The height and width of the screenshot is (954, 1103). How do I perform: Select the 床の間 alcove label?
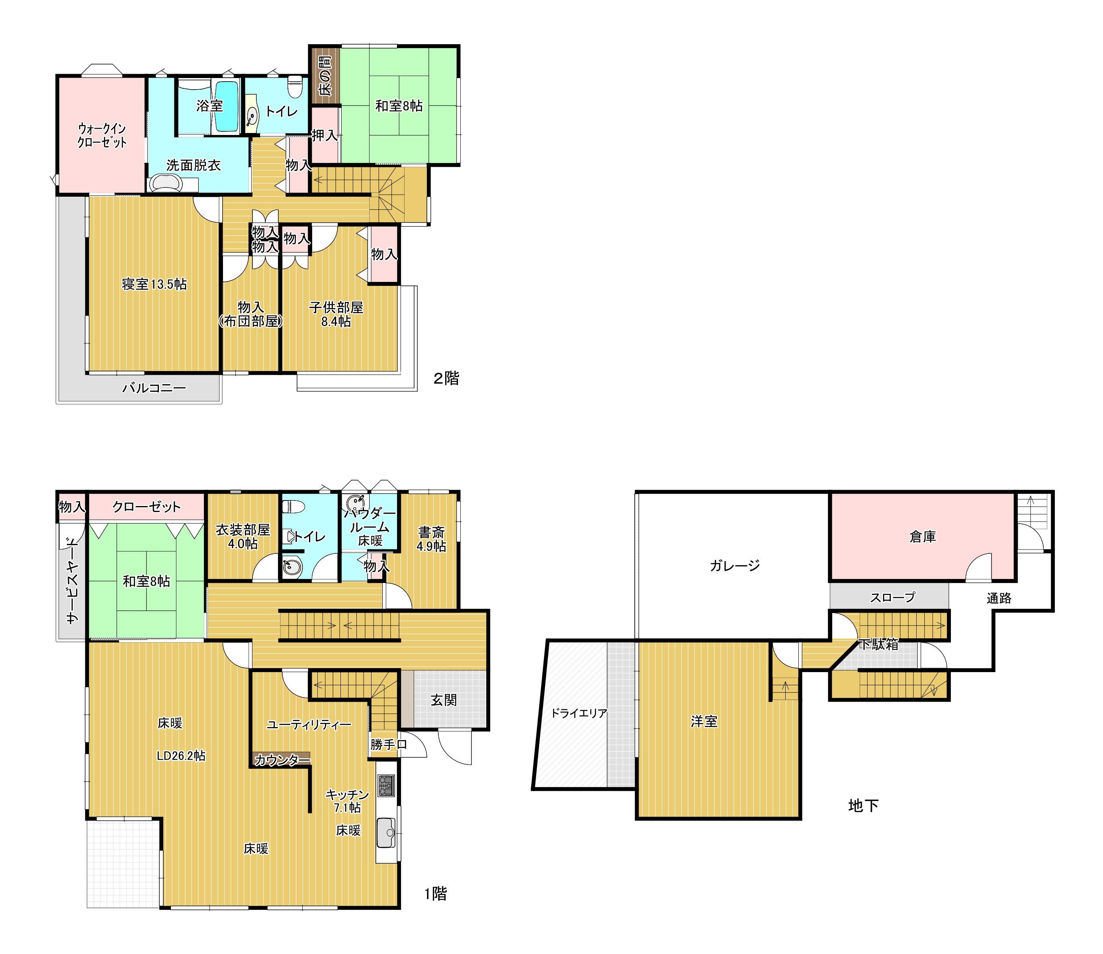point(325,76)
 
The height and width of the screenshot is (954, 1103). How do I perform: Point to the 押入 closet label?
point(325,136)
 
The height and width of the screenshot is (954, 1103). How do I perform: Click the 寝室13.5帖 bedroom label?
point(154,284)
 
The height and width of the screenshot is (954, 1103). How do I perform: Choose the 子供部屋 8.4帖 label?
point(336,315)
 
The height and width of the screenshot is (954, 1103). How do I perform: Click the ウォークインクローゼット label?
point(102,136)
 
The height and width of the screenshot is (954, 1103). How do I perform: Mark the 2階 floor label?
point(446,379)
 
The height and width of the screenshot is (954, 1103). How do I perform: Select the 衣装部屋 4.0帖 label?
point(243,537)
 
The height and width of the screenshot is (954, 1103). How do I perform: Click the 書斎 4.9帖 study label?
point(431,539)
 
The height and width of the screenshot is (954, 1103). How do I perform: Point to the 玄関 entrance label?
point(444,700)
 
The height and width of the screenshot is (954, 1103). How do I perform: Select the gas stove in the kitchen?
point(387,786)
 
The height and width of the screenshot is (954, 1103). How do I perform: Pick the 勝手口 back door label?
point(389,744)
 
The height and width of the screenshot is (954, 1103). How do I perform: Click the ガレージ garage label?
point(735,565)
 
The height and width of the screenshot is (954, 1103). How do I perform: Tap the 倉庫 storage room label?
point(923,537)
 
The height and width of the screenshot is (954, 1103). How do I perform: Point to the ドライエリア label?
point(579,713)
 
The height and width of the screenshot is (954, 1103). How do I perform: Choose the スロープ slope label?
point(893,597)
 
